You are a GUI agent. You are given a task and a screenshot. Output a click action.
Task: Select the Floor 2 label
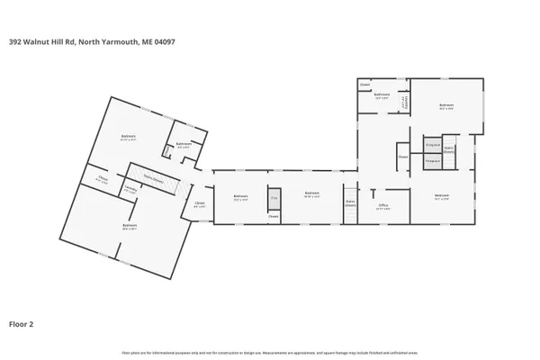tap(22, 322)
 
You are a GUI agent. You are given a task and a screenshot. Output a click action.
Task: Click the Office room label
tap(382, 205)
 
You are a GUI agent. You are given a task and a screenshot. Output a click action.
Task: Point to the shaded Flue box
tap(273, 197)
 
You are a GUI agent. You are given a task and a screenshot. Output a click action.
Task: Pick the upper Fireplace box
tap(432, 144)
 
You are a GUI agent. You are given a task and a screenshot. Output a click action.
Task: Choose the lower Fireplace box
tap(432, 160)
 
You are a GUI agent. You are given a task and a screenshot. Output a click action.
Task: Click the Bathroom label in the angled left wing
tap(184, 144)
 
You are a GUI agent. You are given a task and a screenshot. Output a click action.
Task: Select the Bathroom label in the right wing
tap(382, 94)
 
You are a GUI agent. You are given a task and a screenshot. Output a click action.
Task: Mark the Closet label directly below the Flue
tap(273, 216)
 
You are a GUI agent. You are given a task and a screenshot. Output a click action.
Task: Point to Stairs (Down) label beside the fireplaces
tap(448, 152)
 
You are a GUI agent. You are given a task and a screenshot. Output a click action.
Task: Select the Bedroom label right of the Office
tap(442, 195)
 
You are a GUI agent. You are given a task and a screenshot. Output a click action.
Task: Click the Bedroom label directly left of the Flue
tap(240, 197)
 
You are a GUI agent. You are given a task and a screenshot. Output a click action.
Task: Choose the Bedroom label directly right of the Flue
tap(311, 193)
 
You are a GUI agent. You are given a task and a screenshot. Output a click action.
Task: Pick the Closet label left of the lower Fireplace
tap(402, 157)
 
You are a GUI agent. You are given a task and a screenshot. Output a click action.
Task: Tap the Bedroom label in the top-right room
tap(446, 105)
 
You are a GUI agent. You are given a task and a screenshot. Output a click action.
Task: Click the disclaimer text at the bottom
tap(270, 353)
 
